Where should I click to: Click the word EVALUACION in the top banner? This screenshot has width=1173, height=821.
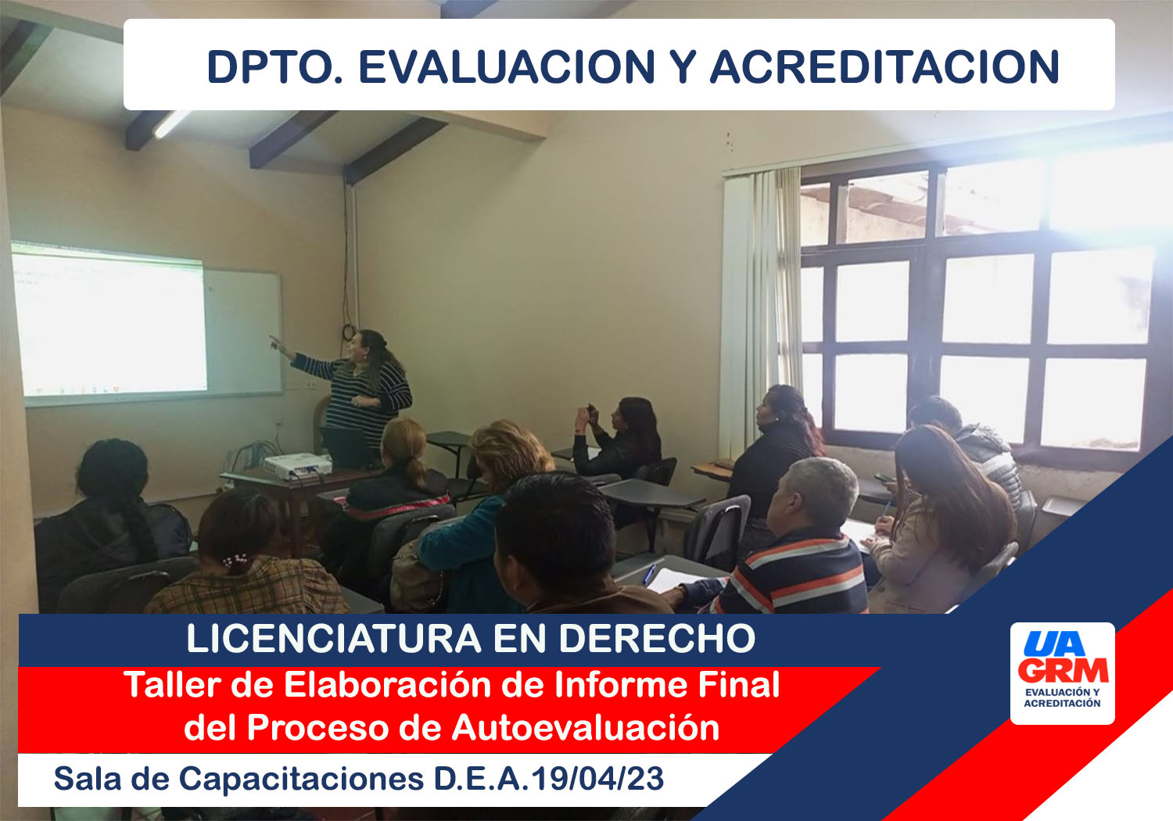click(x=507, y=67)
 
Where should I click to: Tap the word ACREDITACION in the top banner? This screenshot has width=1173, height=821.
click(x=884, y=67)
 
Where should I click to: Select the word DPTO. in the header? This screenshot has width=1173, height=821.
click(x=275, y=67)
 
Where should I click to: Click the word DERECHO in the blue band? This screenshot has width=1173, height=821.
click(x=657, y=638)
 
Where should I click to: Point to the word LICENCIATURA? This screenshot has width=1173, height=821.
click(x=334, y=638)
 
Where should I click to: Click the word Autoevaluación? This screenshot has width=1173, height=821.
click(x=586, y=728)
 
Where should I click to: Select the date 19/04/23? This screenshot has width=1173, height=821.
click(x=597, y=779)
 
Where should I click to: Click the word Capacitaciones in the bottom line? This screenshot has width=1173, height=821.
click(x=301, y=780)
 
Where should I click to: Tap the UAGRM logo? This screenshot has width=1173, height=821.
click(x=1063, y=673)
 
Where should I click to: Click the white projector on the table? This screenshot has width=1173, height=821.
click(x=297, y=465)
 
